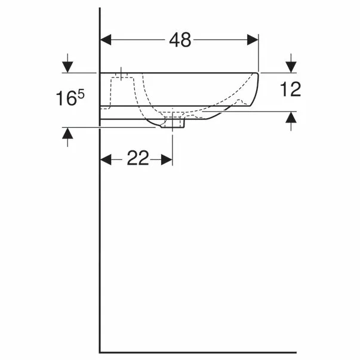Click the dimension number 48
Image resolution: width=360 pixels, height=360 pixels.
click(179, 39)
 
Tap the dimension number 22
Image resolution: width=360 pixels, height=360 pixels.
click(137, 159)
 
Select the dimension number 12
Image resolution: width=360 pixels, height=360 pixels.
click(291, 90)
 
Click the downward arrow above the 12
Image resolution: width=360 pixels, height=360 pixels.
click(291, 63)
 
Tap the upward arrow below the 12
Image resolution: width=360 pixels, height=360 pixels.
click(291, 122)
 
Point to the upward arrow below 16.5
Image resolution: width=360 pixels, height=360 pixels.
click(68, 137)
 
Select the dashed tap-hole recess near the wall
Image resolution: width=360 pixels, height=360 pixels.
click(121, 83)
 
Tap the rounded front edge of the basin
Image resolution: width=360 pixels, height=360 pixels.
click(257, 90)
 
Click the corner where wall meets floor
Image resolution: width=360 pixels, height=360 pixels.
click(100, 352)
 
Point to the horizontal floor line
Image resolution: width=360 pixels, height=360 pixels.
click(227, 352)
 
